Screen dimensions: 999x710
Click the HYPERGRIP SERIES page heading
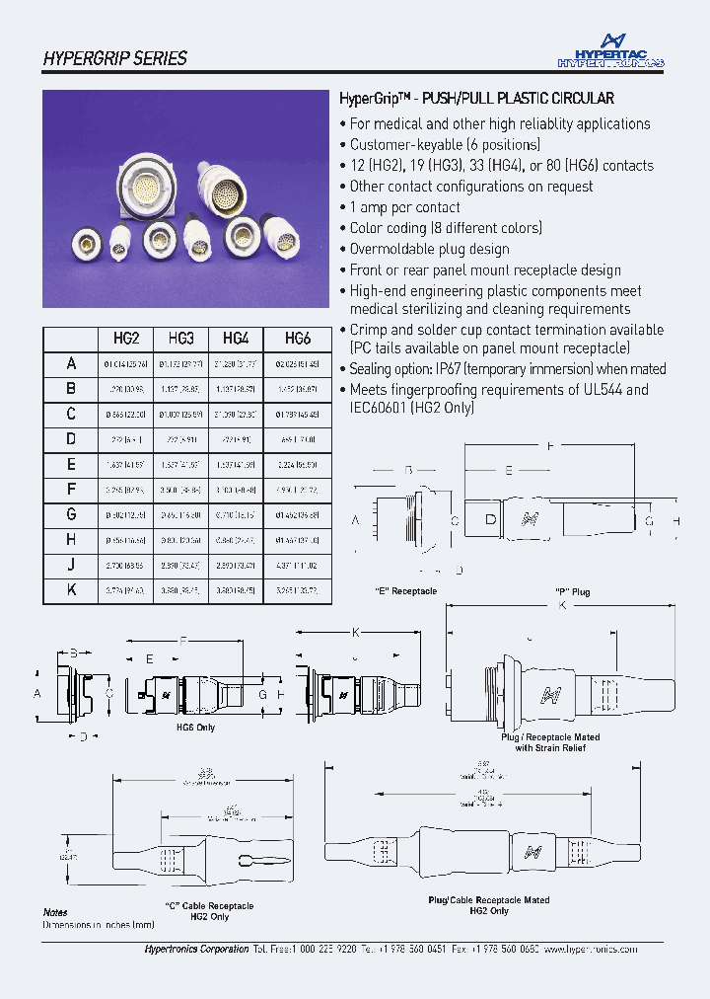114,58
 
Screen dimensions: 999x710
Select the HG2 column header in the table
126,338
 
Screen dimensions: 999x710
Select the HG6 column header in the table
298,338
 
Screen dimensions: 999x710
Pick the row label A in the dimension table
71,363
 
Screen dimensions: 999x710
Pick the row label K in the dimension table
71,590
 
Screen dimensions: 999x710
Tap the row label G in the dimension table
71,514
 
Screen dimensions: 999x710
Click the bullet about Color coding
446,228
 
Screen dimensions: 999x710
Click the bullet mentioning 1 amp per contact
404,207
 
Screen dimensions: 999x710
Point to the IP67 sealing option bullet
507,368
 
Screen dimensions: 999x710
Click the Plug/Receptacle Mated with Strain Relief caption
549,742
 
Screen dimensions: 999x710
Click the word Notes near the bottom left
55,913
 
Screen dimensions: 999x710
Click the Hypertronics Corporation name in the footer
196,949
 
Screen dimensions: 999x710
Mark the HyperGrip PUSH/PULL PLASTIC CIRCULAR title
476,99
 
